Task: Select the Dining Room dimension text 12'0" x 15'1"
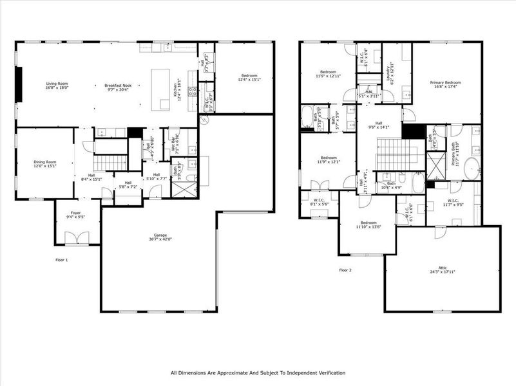coord(45,165)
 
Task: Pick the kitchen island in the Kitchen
coord(160,89)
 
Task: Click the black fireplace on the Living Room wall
coord(19,84)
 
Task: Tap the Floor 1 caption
coord(62,260)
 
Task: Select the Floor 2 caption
coord(346,270)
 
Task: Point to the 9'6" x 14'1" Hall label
coord(379,125)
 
